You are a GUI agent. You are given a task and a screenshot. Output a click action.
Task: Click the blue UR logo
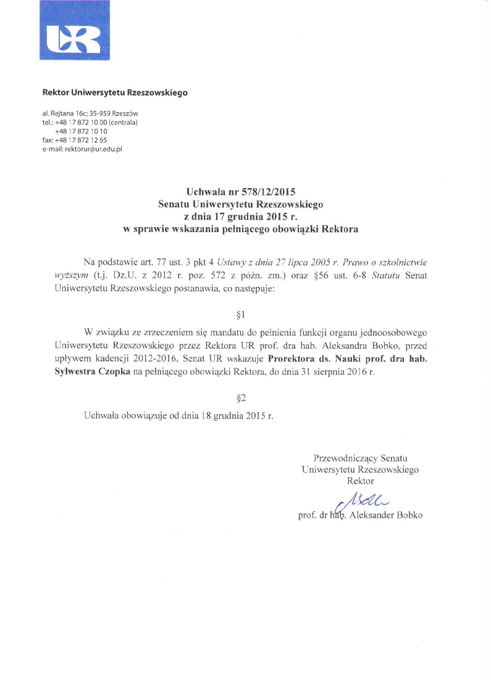coord(70,31)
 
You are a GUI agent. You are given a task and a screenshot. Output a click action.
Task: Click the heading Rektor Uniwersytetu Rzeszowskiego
coord(114,93)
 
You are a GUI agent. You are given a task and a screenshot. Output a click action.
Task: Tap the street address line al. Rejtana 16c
coord(90,114)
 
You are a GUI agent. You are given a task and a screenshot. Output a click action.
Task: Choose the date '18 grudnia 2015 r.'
coord(237,416)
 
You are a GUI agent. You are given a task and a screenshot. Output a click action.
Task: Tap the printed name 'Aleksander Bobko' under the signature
coord(385,515)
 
